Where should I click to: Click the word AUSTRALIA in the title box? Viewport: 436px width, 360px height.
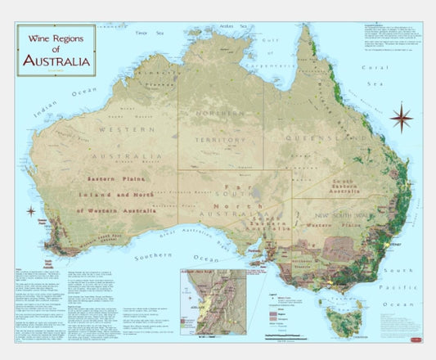(56, 61)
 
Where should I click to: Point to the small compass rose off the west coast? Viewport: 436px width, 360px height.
(19, 210)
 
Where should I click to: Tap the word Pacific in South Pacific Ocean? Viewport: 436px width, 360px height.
(408, 287)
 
